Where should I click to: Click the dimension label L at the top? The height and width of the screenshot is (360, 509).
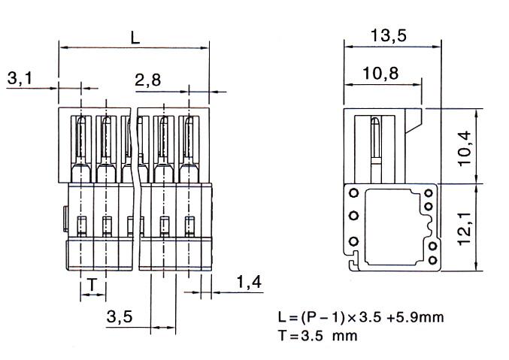tap(135, 38)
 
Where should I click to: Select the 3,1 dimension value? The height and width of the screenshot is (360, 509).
tap(20, 78)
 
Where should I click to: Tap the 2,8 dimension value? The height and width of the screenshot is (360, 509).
tap(147, 80)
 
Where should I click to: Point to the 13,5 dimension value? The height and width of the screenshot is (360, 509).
tap(389, 35)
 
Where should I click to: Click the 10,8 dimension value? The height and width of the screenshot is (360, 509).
tap(380, 74)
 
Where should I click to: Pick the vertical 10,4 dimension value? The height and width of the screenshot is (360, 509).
tap(465, 148)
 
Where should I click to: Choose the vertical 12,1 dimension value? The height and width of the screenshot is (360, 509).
tap(465, 228)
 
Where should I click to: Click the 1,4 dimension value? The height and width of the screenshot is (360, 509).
tap(249, 282)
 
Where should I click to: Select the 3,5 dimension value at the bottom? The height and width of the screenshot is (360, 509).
tap(120, 316)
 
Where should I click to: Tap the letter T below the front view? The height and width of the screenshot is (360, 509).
tap(92, 285)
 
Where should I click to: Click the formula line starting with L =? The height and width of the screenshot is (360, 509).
tap(361, 317)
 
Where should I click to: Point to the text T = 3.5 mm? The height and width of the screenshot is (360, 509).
tap(318, 335)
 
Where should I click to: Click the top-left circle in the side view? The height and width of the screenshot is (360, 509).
tap(354, 193)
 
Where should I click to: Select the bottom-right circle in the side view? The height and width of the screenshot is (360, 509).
tap(433, 260)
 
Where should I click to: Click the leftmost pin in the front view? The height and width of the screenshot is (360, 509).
tap(81, 149)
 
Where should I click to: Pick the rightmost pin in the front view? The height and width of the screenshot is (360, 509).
tap(189, 149)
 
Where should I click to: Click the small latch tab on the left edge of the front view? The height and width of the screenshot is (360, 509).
tap(65, 219)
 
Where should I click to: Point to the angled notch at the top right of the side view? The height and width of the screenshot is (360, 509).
tap(414, 121)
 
